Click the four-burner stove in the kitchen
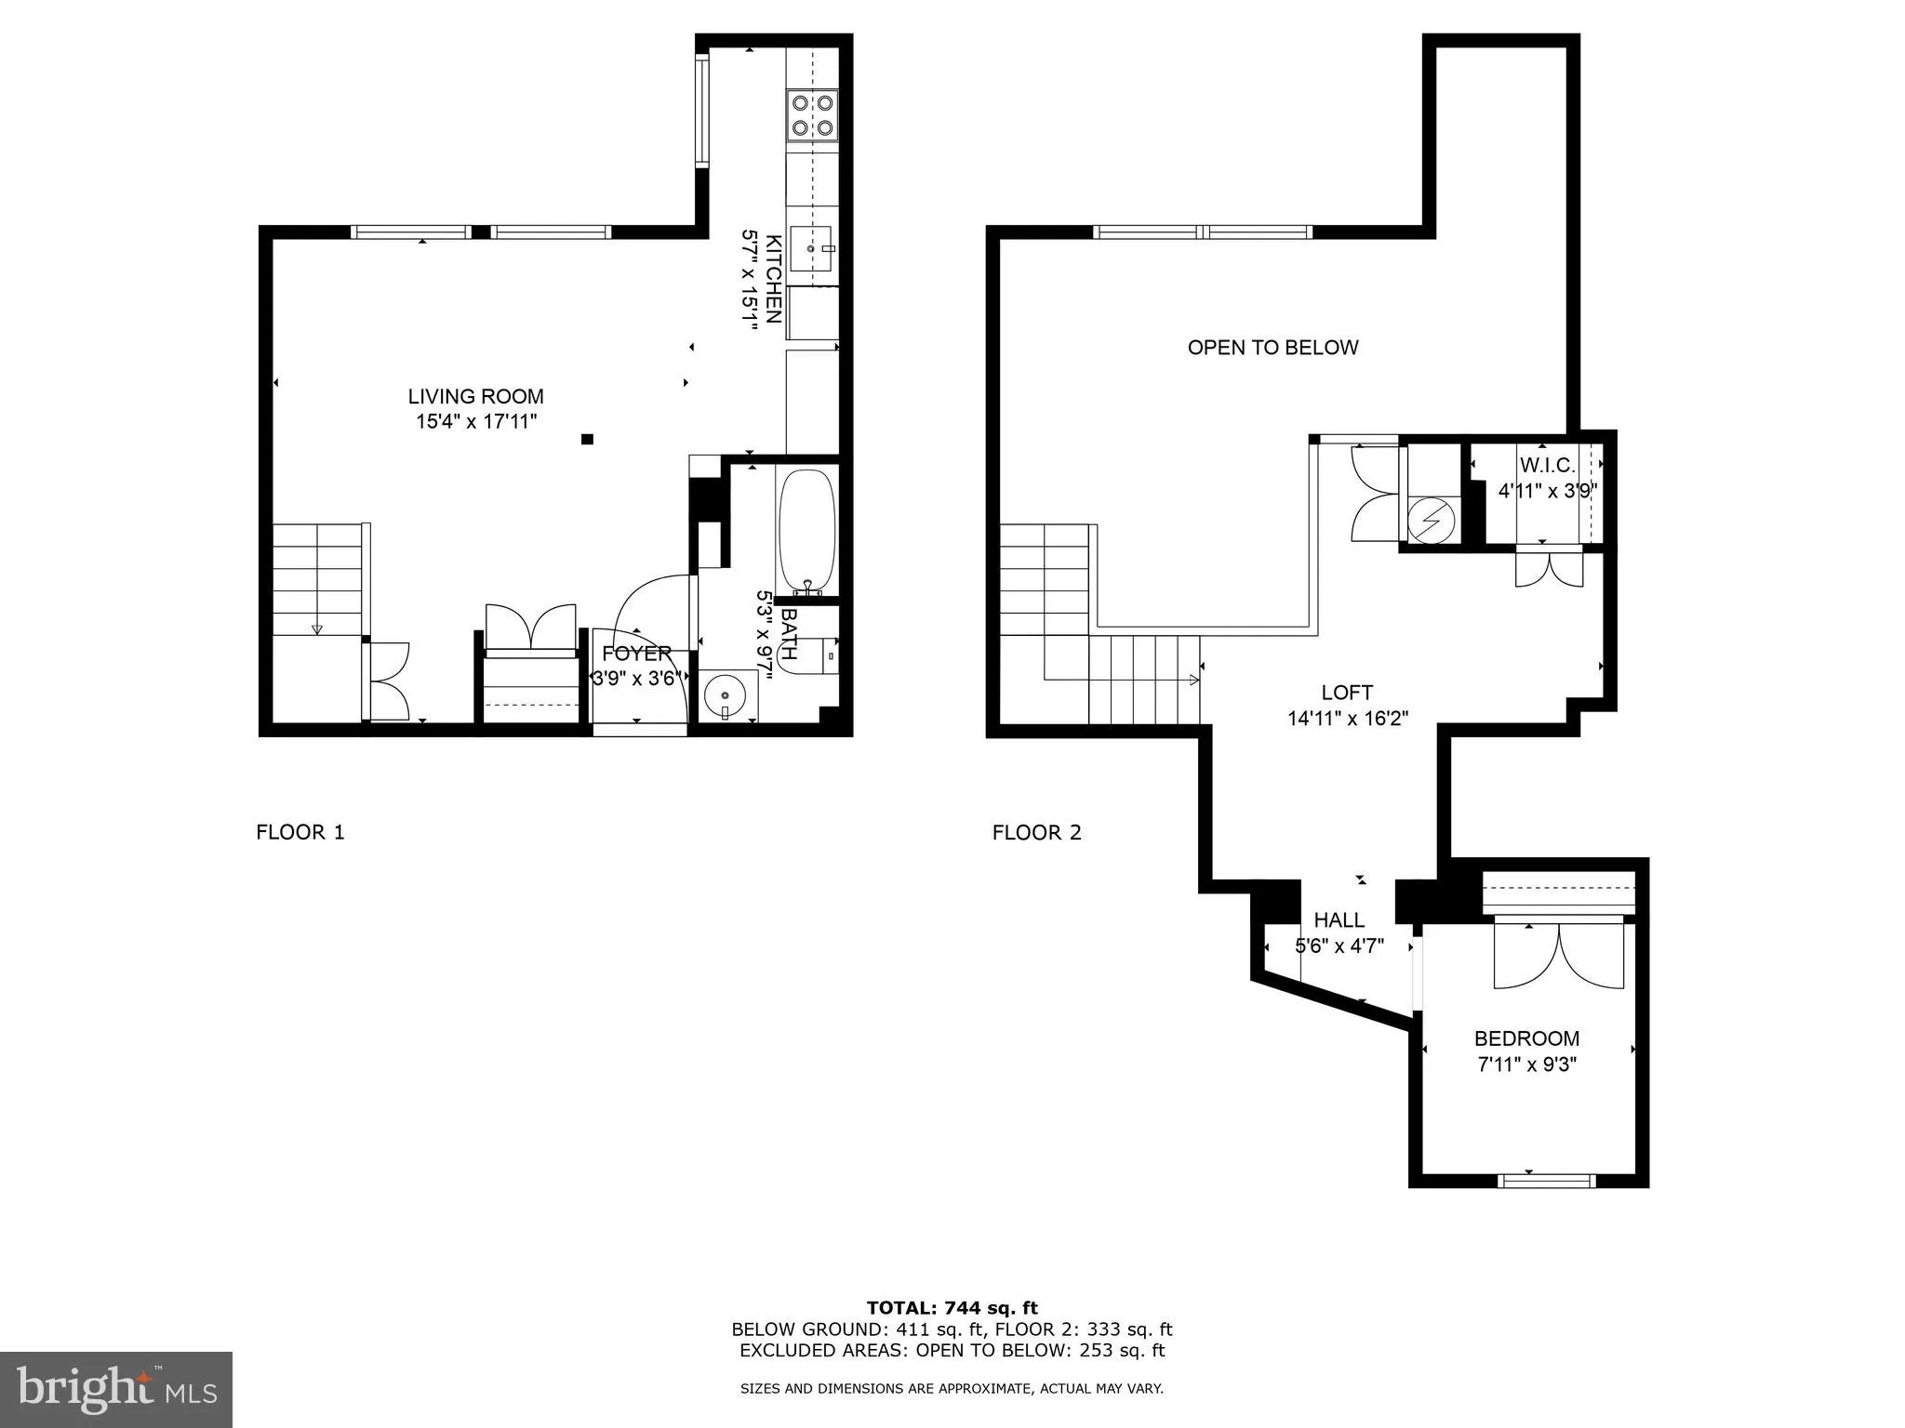tap(812, 115)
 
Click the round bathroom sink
tap(725, 694)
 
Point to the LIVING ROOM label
tap(475, 397)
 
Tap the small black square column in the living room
tap(587, 440)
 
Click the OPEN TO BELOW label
tap(1272, 348)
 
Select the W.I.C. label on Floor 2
tap(1547, 465)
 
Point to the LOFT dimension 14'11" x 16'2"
tap(1347, 718)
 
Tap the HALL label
tap(1339, 920)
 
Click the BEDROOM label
tap(1526, 1038)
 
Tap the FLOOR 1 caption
tap(300, 832)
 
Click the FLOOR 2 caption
tap(1036, 832)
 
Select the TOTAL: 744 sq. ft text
tap(952, 1309)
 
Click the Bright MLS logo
tap(116, 1389)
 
